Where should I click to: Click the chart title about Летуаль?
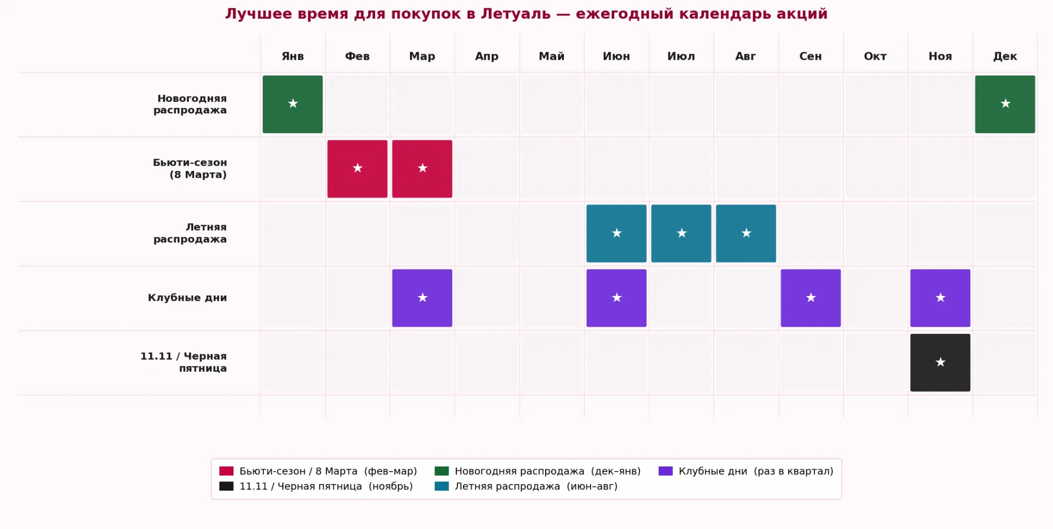pos(526,14)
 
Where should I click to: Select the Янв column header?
pos(292,56)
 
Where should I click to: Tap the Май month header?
pos(551,56)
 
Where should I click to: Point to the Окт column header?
pos(875,56)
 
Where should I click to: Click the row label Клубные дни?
pos(187,298)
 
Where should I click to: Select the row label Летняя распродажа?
pos(190,233)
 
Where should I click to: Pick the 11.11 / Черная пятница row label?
pos(183,362)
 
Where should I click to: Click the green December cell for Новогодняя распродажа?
pos(1005,104)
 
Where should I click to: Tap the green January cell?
pos(292,104)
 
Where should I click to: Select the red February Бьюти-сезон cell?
pos(357,169)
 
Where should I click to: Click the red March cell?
pos(422,169)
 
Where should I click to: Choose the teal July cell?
pos(681,234)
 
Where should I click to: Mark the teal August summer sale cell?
pos(745,234)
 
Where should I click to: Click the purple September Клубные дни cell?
pos(810,298)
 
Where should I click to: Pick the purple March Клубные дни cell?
pos(422,298)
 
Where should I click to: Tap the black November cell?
pos(940,363)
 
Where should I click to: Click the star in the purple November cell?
pos(940,298)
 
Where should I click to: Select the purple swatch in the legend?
pos(665,471)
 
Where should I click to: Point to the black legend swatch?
pos(227,486)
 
